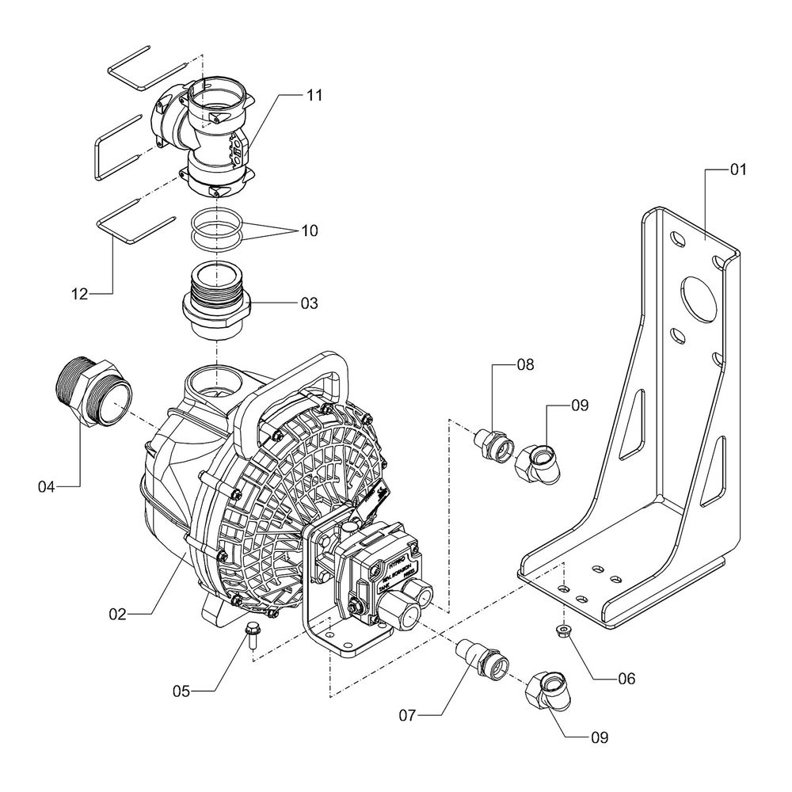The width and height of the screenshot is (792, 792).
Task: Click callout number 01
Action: [738, 169]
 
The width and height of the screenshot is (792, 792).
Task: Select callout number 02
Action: [117, 613]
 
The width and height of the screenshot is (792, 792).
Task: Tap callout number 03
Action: [309, 303]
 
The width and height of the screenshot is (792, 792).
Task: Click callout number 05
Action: [183, 691]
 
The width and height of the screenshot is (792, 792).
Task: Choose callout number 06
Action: [626, 679]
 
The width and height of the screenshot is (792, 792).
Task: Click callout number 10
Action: [309, 231]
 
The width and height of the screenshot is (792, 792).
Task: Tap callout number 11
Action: [315, 95]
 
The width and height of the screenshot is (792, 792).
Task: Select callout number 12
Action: [80, 295]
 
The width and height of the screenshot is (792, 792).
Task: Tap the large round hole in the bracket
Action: [697, 294]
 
